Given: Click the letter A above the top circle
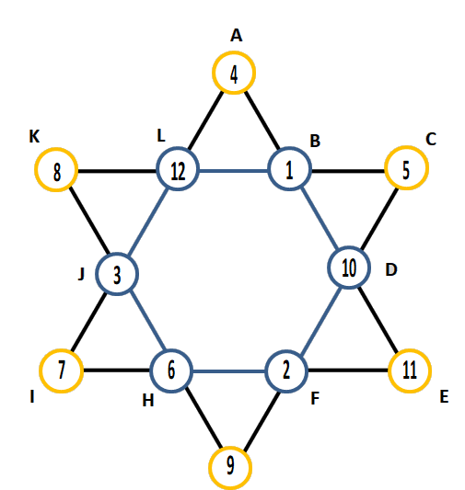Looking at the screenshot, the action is pos(237,35).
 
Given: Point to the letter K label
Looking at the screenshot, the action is pos(34,137).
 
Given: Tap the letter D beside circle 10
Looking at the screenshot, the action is pos(391,269).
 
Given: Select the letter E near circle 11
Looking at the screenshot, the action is pos(444,397).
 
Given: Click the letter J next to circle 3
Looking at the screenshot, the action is pos(81,274).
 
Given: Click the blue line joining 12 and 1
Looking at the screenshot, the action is pos(234,171).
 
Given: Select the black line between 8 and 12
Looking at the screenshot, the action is pos(117,171).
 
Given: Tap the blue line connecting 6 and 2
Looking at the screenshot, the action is pos(228,371).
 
